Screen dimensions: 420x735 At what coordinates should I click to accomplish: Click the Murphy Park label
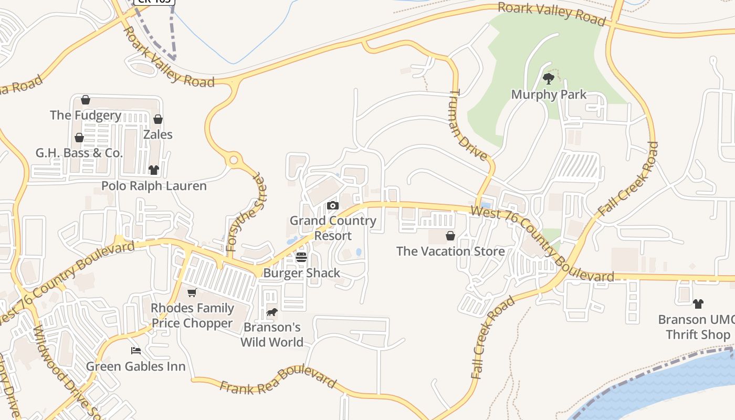click(549, 95)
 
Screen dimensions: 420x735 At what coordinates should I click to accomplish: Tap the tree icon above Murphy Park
click(549, 79)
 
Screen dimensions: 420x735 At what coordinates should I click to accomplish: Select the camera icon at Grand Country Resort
click(333, 206)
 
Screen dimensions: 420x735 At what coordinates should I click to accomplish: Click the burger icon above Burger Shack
click(301, 257)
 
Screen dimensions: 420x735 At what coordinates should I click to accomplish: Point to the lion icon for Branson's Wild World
click(272, 312)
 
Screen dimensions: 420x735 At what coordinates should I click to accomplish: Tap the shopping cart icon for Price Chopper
click(192, 293)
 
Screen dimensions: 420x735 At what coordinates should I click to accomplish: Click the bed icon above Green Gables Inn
click(136, 351)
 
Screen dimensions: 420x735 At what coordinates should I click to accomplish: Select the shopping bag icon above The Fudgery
click(86, 100)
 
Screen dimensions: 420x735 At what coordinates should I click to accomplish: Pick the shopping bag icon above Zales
click(158, 120)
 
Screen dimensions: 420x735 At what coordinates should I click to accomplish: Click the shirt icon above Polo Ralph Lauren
click(153, 170)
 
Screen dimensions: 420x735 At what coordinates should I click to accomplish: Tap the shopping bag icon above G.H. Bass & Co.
click(79, 138)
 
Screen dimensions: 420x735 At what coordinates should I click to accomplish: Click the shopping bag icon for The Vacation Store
click(450, 236)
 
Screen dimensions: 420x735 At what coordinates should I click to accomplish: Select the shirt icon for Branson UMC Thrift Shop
click(698, 304)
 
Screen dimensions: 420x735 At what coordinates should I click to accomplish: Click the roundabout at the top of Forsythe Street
click(234, 160)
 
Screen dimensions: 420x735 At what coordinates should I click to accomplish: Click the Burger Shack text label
click(301, 273)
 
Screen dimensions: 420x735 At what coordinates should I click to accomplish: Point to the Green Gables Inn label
click(136, 366)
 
